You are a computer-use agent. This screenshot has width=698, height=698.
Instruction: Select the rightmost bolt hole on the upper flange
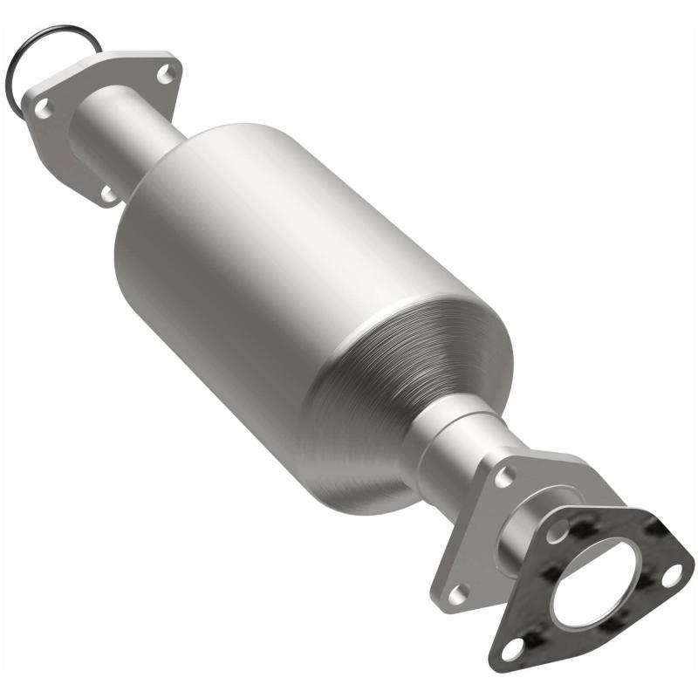(163, 76)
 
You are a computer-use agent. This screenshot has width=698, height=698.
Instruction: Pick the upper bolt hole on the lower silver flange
(504, 476)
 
